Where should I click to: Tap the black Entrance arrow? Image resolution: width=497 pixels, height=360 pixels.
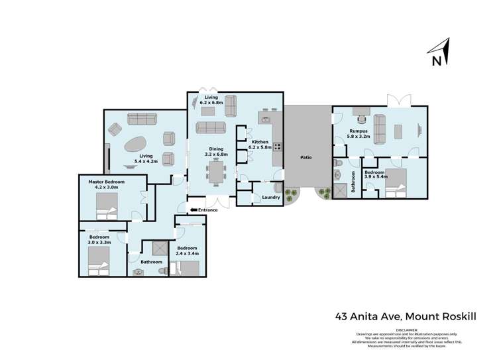coord(193,210)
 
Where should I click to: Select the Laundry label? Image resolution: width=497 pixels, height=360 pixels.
coord(270,197)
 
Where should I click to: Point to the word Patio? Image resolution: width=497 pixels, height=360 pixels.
coord(305,158)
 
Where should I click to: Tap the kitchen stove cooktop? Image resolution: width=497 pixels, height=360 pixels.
coord(278,147)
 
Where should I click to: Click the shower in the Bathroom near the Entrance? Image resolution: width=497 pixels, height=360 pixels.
coord(159,248)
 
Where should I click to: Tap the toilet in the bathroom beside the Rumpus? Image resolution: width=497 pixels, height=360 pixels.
coord(338,162)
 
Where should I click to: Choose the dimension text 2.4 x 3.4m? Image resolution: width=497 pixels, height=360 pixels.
coord(188,253)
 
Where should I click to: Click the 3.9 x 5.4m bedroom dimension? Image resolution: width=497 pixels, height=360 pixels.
coord(375,178)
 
